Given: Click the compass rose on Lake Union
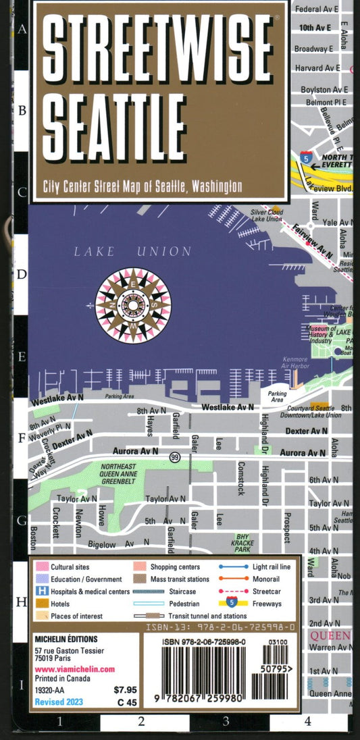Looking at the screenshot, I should pos(133,305).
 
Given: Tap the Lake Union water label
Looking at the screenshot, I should pos(132,251).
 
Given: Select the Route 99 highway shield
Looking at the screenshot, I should pos(175,457).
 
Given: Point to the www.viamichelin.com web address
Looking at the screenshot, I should pos(74,669).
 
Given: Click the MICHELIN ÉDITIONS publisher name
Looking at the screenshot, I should pos(66,639).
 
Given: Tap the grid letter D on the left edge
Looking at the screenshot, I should pos(22,274).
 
